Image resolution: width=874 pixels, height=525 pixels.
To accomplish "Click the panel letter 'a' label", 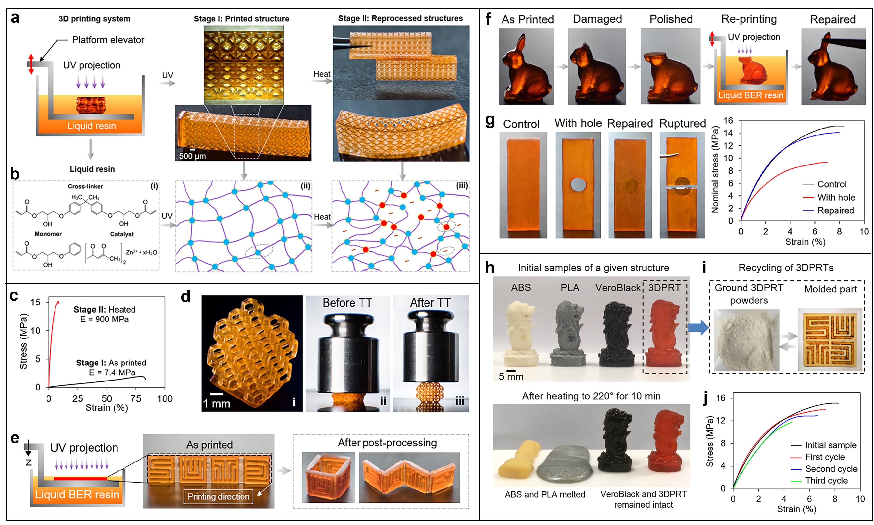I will click(15, 18).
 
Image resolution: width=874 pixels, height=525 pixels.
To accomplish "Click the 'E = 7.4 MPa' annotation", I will click(112, 372).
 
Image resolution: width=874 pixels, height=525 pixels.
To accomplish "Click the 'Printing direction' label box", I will click(218, 496).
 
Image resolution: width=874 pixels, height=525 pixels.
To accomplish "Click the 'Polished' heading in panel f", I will click(671, 19).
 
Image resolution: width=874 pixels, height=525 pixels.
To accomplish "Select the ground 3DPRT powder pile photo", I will click(746, 340).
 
